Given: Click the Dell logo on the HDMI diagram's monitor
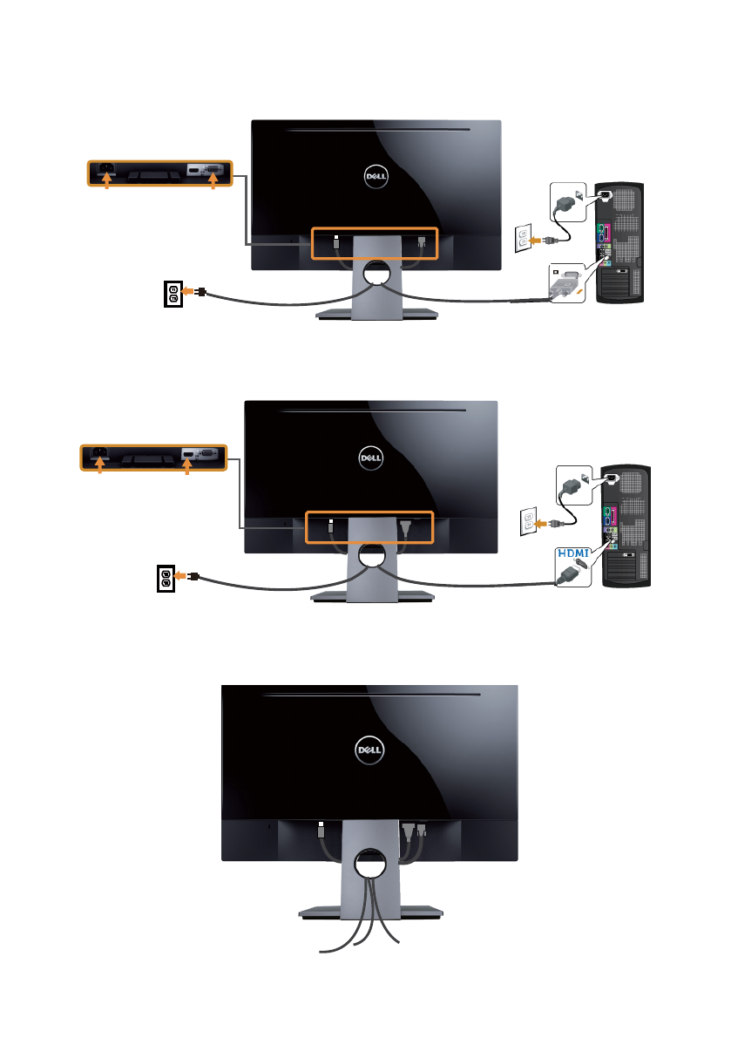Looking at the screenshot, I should pos(371,458).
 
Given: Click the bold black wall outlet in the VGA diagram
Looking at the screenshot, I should pos(173,295).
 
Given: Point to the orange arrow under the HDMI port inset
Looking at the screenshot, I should pos(187,467).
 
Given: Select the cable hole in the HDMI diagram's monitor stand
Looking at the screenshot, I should pos(371,553).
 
